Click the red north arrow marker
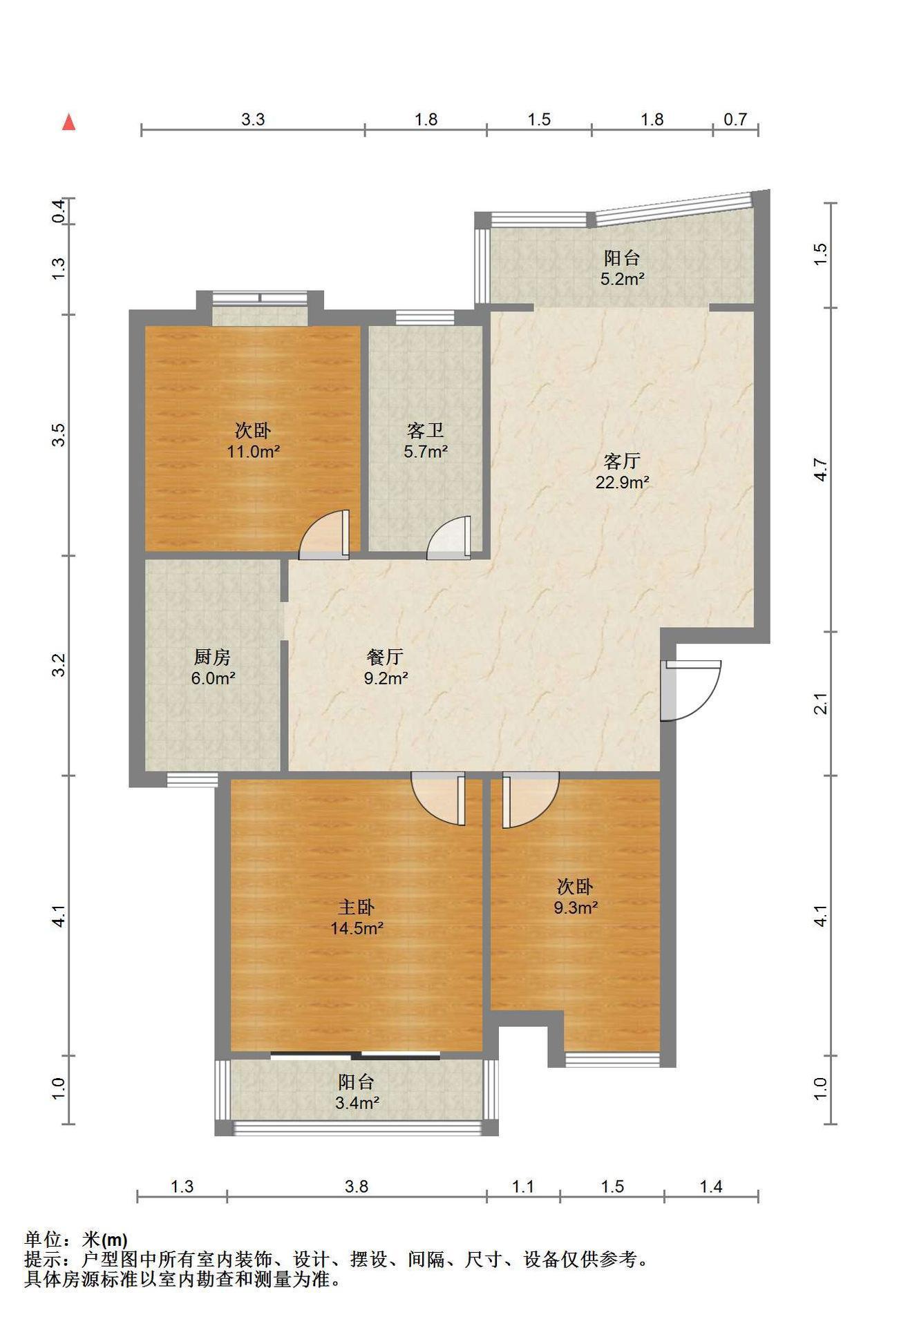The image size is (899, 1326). tap(68, 122)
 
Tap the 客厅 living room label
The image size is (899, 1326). tap(622, 461)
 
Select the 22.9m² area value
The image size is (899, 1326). tap(622, 482)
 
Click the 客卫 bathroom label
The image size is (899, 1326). tap(425, 431)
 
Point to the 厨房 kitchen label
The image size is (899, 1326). tap(212, 656)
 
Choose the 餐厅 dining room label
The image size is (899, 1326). tap(385, 656)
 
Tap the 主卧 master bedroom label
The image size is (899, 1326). tap(357, 906)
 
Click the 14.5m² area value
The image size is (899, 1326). tap(357, 928)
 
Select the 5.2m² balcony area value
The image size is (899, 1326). tap(622, 279)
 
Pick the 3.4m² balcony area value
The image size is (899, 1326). tap(357, 1103)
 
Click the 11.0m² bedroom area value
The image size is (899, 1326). tap(253, 452)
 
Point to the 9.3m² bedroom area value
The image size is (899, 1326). tap(575, 907)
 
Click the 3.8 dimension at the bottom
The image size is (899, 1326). tap(357, 1186)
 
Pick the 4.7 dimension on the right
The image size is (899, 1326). tap(820, 470)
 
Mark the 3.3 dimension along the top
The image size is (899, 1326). tap(253, 119)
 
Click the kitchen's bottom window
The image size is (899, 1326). tap(192, 780)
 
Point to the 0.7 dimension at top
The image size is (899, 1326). tap(735, 119)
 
